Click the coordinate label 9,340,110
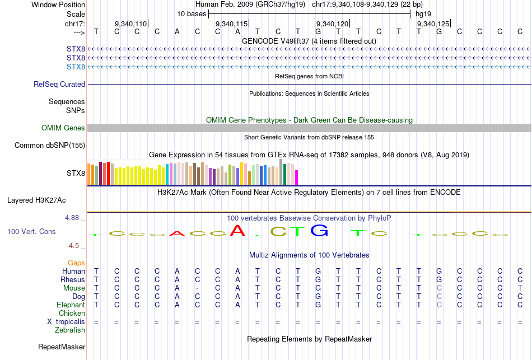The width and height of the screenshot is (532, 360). click(130, 24)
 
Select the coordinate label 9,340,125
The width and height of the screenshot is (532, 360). click(433, 24)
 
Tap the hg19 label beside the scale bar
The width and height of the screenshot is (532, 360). click(423, 13)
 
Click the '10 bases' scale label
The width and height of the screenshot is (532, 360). click(192, 13)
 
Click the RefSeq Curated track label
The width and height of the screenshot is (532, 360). click(59, 85)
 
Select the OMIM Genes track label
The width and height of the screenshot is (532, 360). click(63, 128)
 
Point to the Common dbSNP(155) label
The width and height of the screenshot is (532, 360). click(50, 146)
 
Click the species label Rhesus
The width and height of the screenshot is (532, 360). click(73, 279)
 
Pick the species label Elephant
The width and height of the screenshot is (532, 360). click(71, 305)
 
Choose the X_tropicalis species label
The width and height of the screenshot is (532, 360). click(66, 321)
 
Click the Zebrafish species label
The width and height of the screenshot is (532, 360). click(70, 330)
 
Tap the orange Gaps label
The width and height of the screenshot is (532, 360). click(76, 263)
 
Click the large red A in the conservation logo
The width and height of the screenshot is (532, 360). click(238, 231)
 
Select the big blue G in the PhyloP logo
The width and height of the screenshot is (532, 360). click(319, 230)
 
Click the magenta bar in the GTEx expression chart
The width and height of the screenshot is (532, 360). click(296, 177)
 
